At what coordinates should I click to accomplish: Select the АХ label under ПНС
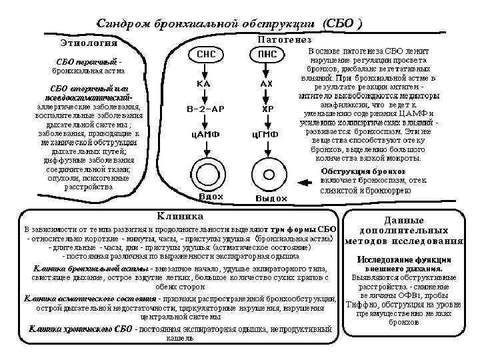pyautogui.click(x=266, y=85)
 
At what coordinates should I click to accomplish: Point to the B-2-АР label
pyautogui.click(x=204, y=109)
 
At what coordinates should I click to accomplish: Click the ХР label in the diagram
pyautogui.click(x=267, y=109)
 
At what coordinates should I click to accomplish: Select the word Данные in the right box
pyautogui.click(x=404, y=221)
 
